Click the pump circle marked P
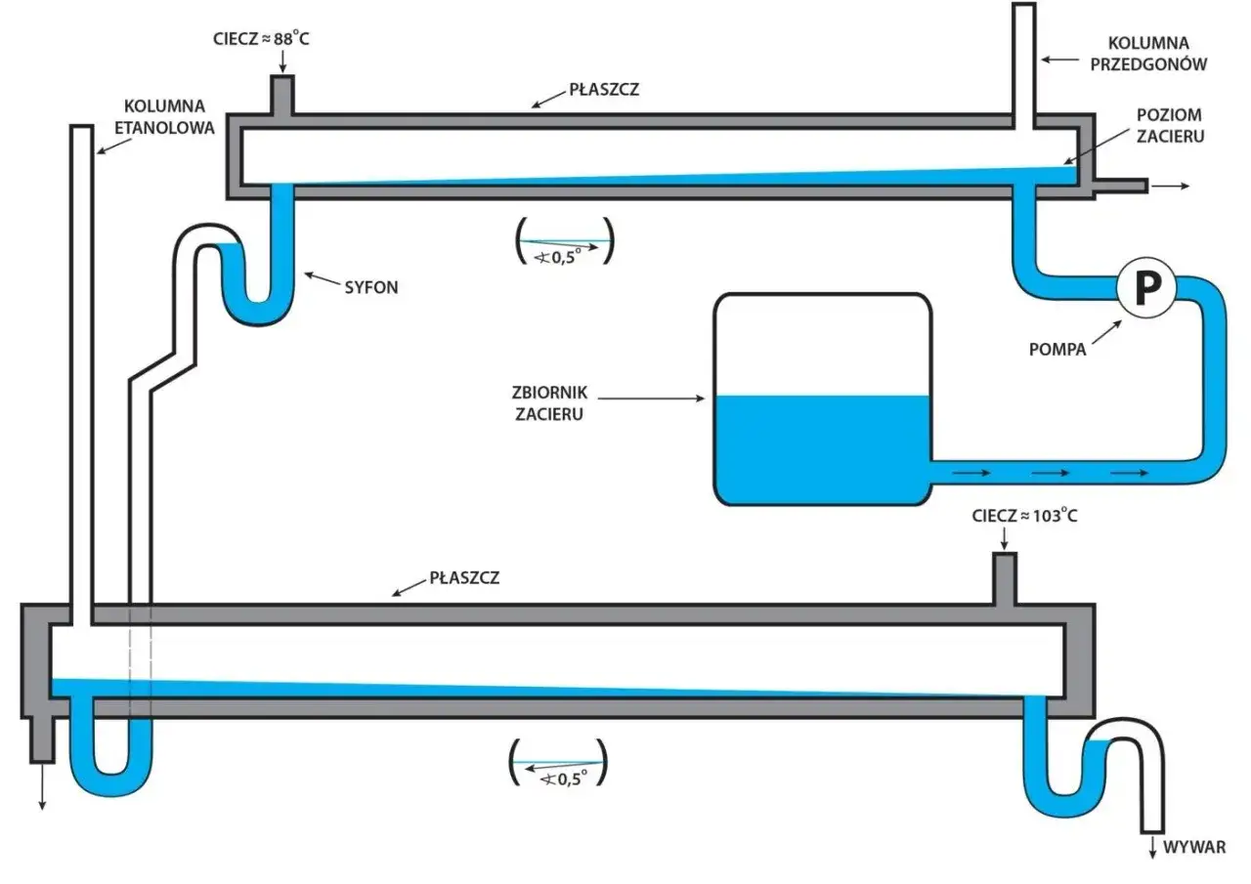(x=1146, y=286)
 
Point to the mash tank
(x=821, y=400)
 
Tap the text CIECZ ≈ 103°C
(x=1025, y=515)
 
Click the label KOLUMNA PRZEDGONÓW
(x=1159, y=54)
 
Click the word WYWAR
(x=1193, y=847)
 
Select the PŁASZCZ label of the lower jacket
(x=464, y=576)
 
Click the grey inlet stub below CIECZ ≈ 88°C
(x=282, y=97)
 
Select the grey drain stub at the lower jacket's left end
(x=42, y=739)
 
